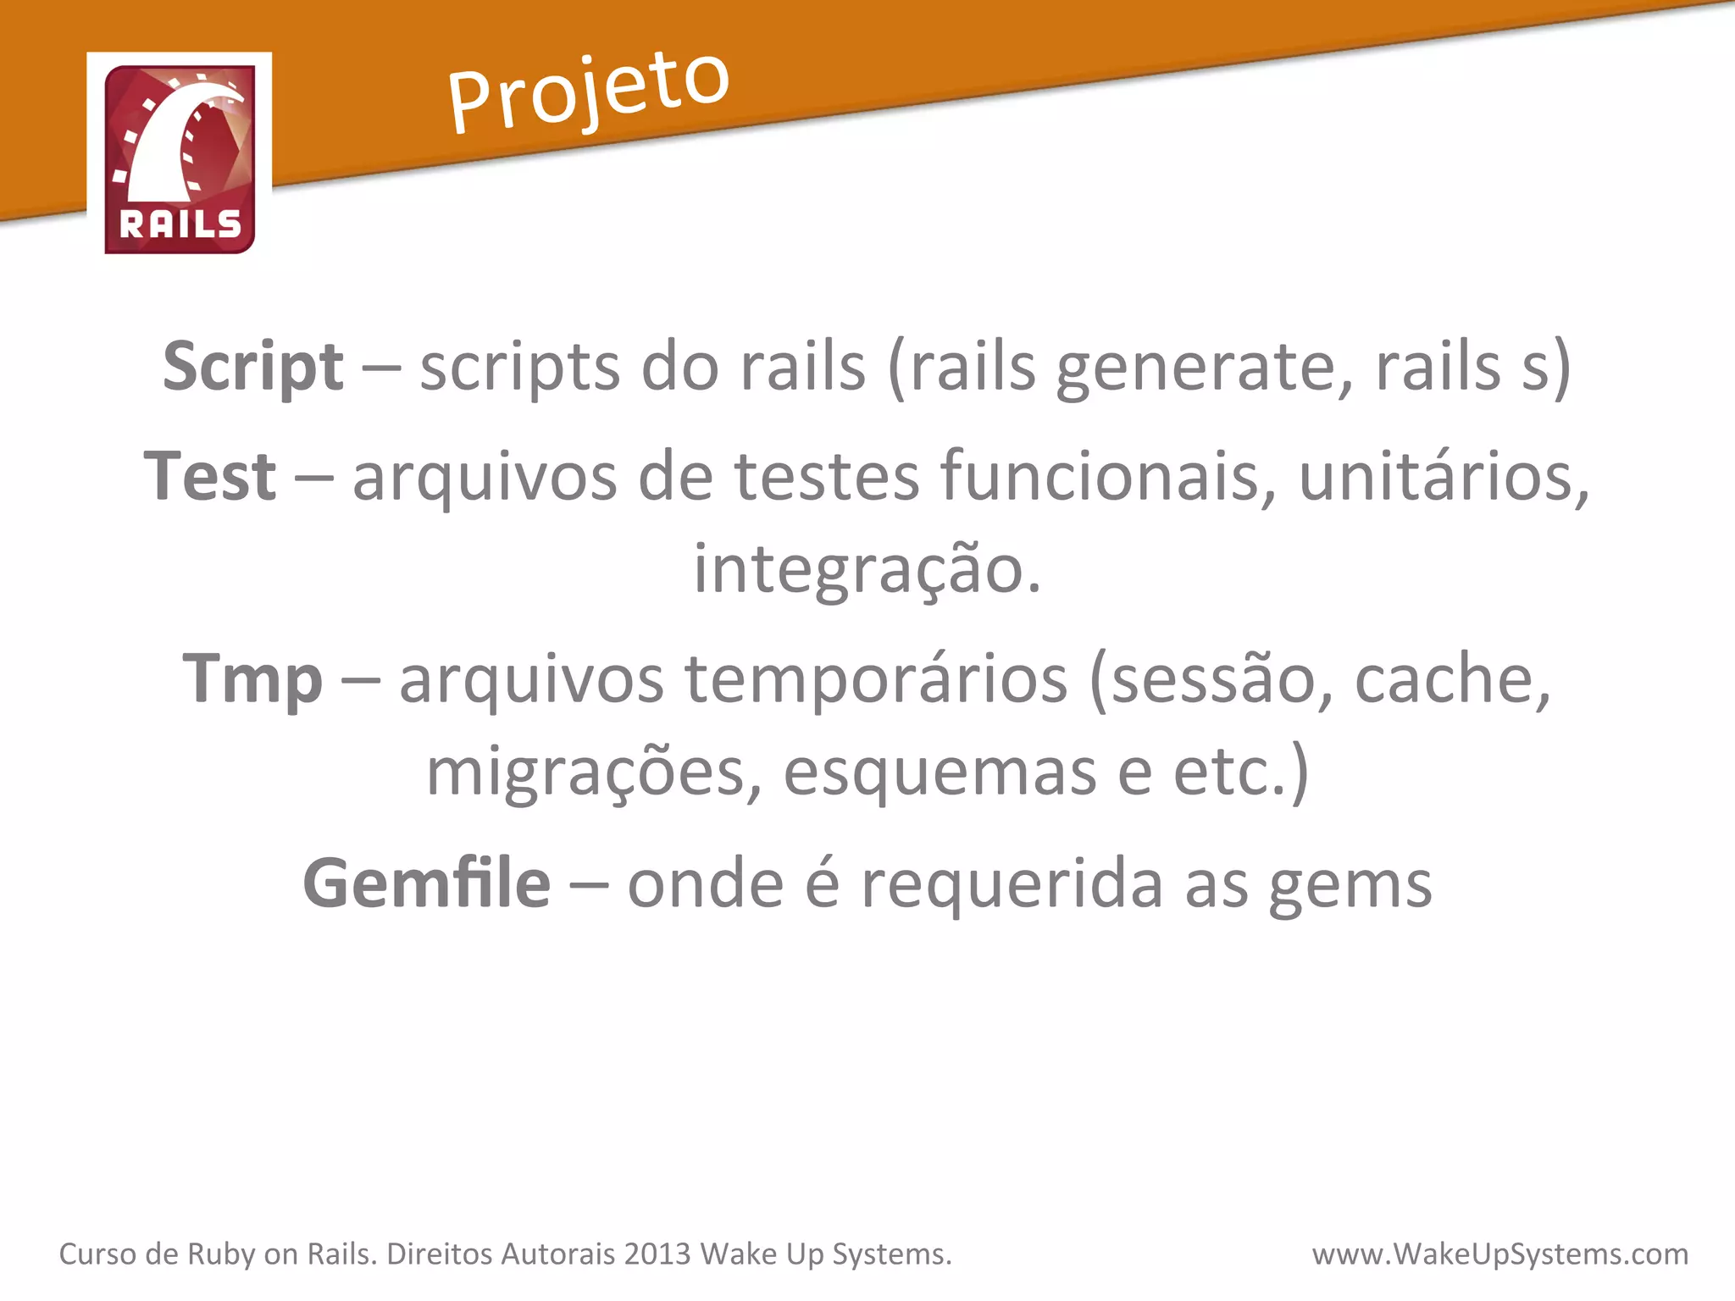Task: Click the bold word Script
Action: [253, 368]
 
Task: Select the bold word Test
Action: [210, 476]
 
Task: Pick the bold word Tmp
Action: [252, 679]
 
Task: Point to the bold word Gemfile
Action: [427, 883]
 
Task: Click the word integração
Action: [867, 569]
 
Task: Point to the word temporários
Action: [876, 679]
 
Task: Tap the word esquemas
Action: [940, 772]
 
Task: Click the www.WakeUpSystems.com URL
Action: [1500, 1254]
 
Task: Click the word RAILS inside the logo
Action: [180, 225]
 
